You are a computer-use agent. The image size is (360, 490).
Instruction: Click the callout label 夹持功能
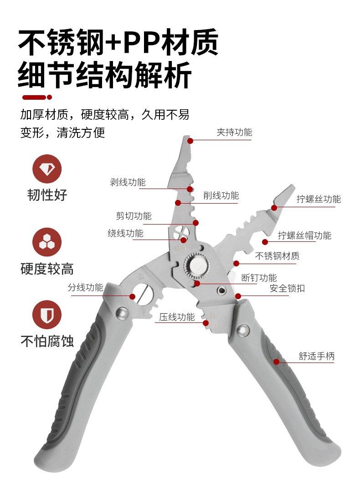coord(234,132)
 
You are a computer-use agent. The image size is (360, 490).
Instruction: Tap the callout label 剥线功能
coord(128,182)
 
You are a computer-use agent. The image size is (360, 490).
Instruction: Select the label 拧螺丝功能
coord(319,199)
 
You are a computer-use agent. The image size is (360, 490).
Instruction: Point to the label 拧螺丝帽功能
coord(305,235)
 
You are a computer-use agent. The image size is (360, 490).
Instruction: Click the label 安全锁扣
coord(287,288)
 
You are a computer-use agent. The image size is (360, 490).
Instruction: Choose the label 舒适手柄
coord(317,356)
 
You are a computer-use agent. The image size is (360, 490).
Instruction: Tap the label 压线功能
coord(177,317)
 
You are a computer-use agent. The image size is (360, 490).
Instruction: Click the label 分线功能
coord(85,287)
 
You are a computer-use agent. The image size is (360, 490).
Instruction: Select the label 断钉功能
coord(259,277)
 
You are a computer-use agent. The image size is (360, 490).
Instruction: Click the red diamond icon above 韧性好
coord(47,169)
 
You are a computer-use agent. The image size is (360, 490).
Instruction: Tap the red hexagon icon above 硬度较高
coord(47,242)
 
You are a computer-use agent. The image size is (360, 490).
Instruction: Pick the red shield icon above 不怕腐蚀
coord(47,315)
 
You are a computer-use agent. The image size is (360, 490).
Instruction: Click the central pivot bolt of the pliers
coord(197,265)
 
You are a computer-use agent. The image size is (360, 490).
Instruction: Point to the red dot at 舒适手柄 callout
coord(277,362)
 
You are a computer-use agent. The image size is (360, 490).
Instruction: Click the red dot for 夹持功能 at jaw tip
coord(190,141)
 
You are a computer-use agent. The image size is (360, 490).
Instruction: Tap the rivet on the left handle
coord(122,313)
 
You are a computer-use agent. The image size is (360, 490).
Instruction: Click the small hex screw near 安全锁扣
coord(221,291)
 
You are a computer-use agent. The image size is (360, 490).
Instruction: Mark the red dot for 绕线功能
coord(184,240)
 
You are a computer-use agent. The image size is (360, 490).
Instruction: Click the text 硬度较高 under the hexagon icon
coord(47,269)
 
